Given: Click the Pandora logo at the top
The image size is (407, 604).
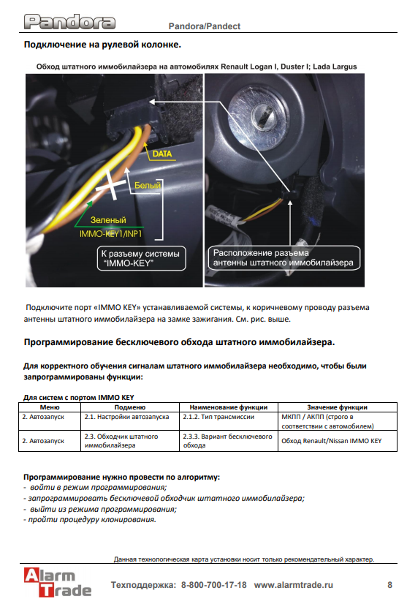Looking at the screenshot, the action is coord(69,22).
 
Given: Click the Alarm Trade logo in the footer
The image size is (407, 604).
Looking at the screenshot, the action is coord(58,582).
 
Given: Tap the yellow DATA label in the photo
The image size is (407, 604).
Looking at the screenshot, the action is coord(162,154).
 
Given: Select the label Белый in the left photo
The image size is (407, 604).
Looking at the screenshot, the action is coord(147,185).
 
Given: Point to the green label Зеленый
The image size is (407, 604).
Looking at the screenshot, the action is coord(108,220).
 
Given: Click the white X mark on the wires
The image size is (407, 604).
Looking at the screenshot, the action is coord(111,185).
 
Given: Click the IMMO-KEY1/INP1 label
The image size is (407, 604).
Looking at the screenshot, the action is coord(110,234).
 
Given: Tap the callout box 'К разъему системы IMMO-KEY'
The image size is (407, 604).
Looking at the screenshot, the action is coord(141,258).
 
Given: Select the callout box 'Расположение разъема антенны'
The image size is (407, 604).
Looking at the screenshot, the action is coord(284,257).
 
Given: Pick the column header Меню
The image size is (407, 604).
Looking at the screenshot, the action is coord(50,407).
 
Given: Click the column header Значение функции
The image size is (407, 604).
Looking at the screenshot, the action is coord(338,407).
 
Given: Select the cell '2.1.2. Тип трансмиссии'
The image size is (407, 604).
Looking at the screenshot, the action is coord(218,417).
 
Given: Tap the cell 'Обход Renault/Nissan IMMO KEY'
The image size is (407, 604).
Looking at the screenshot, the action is coord(332,441).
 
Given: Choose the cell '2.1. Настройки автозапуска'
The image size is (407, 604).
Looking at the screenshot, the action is coord(126,417).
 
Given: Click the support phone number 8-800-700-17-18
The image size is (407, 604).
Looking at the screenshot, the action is coord(213,585).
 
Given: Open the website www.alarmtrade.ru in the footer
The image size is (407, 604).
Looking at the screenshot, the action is coord(294,585).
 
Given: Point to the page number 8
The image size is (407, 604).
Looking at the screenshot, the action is coord(389,585).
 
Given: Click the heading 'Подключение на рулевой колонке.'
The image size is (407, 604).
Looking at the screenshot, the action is coord(102,45).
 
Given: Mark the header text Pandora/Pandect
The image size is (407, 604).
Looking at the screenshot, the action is coord(205,26).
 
